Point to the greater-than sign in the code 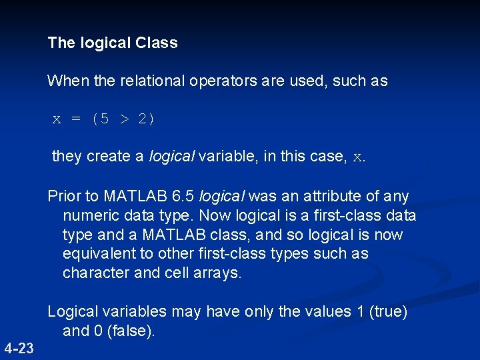coord(125,120)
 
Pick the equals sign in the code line coord(76,120)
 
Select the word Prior coord(63,197)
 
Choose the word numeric coord(88,216)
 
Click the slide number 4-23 coord(19,347)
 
